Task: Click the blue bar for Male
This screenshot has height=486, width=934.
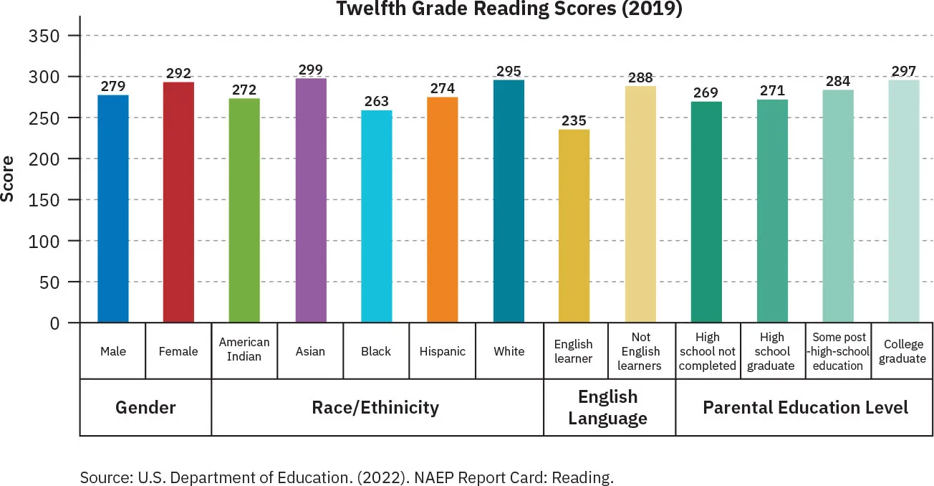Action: coord(113,209)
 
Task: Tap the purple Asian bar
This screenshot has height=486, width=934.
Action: coord(311,200)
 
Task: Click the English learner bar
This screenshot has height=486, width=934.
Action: coord(574,226)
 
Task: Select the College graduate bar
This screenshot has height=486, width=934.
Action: coord(904,201)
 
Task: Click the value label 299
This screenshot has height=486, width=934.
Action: coord(311,69)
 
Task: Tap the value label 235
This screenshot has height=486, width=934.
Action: coord(574,120)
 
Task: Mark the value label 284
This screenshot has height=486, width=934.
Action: coord(837,80)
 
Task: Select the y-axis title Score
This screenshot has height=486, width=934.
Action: coord(9,178)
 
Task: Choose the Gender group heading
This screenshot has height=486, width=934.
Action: coord(145,408)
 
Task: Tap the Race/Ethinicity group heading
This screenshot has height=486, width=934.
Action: coord(375,408)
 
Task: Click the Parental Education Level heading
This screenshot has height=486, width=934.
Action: coord(805,408)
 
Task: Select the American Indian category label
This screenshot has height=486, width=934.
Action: coord(244,351)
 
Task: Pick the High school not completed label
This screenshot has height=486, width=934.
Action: coord(708,351)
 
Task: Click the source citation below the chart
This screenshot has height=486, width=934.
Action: coord(347,477)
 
